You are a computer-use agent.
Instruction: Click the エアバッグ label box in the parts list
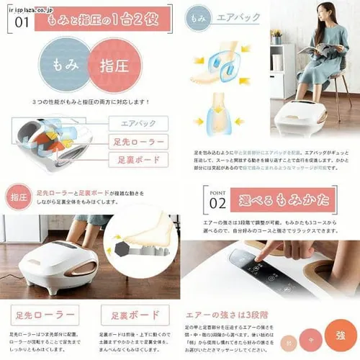coord(137,124)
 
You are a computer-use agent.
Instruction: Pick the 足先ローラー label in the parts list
coord(137,142)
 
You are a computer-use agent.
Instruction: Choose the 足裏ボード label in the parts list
coord(137,160)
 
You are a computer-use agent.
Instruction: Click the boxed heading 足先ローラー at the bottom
coord(45,315)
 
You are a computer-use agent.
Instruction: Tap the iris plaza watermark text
coord(25,4)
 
